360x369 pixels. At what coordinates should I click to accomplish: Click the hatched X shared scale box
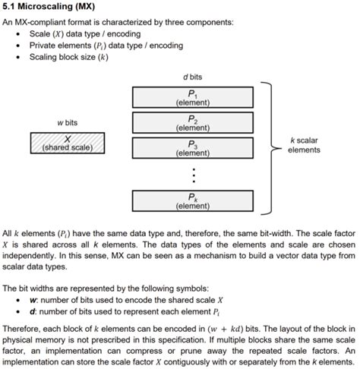[68, 143]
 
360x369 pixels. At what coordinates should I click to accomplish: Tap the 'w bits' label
[68, 122]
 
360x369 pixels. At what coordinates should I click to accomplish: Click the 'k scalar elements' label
[304, 145]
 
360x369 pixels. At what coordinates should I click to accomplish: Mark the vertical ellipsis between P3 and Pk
[193, 175]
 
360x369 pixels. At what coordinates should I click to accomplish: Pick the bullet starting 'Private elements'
[106, 46]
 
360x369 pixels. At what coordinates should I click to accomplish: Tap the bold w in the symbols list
[32, 300]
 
